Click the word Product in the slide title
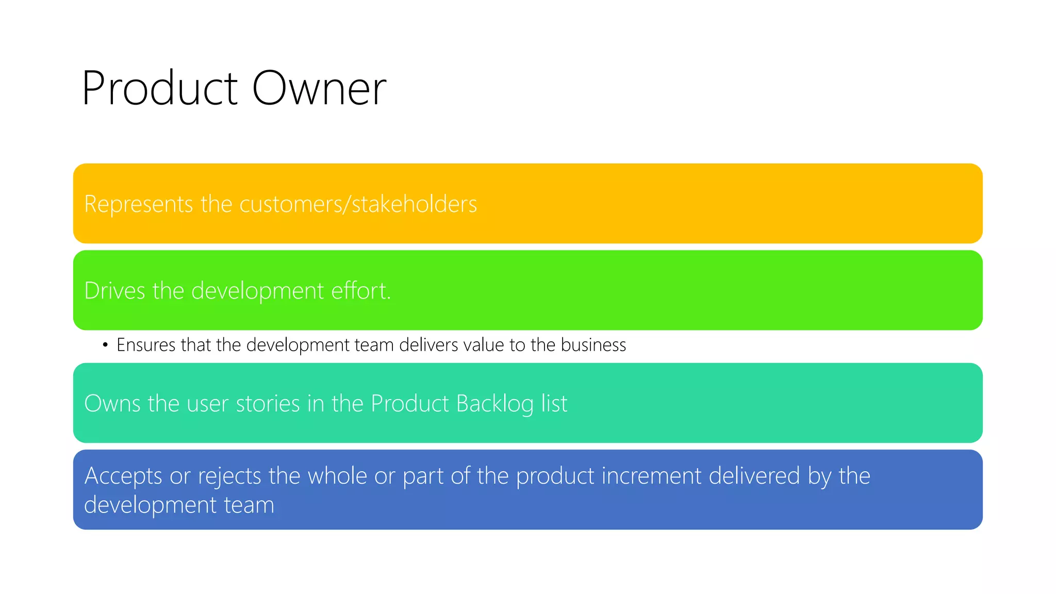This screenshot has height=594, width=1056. coord(159,89)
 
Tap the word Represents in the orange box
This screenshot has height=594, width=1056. coord(138,204)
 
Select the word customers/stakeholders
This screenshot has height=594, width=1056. coord(358,204)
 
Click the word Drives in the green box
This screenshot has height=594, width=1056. coord(114,291)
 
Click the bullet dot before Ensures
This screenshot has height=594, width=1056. coord(105,345)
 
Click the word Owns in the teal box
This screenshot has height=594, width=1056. coord(112,404)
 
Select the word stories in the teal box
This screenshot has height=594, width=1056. coord(268,404)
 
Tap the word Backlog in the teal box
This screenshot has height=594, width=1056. coord(494,404)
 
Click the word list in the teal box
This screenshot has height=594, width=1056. coord(554,404)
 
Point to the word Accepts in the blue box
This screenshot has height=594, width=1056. coord(123,476)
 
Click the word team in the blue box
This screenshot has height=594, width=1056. coord(249,505)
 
